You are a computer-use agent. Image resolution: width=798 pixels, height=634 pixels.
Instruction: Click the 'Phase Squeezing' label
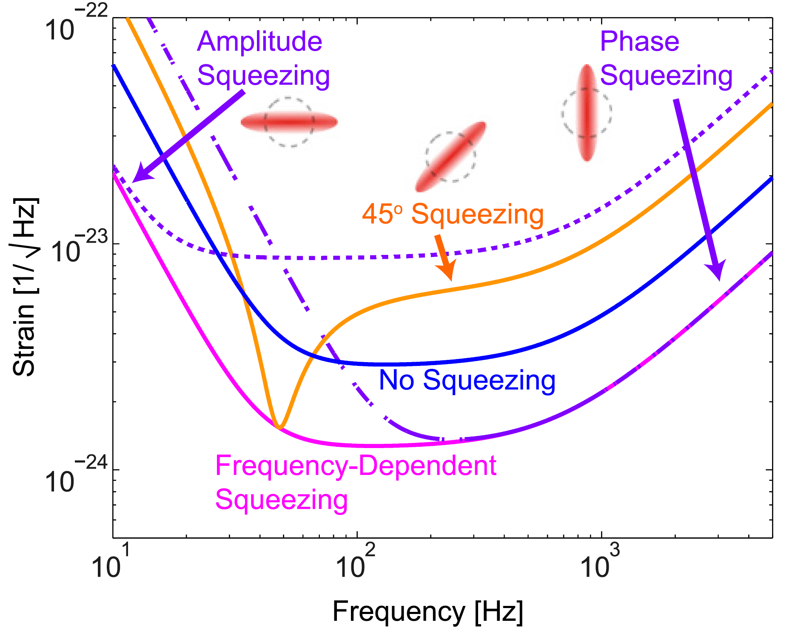click(666, 58)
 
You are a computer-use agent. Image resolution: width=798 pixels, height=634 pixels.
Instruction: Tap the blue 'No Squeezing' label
click(467, 380)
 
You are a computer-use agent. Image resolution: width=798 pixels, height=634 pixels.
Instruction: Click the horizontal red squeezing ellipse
click(289, 122)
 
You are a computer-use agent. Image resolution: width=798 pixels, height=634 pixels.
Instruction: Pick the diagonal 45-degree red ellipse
click(450, 157)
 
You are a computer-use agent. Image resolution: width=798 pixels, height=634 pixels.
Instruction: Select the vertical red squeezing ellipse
click(587, 113)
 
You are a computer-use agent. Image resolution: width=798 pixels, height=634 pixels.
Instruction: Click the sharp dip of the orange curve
click(279, 427)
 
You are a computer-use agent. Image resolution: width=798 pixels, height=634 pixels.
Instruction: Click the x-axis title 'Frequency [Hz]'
click(427, 611)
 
